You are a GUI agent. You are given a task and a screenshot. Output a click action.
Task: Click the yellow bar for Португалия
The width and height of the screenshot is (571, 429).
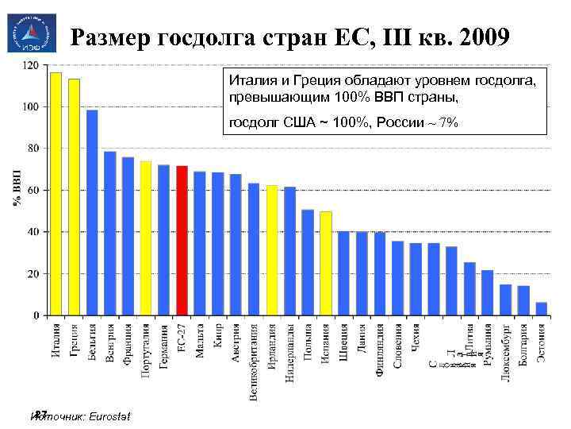146,238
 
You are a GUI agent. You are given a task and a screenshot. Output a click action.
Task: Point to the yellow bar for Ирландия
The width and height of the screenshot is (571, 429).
272,250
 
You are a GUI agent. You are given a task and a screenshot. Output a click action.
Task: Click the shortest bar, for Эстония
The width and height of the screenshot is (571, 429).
542,308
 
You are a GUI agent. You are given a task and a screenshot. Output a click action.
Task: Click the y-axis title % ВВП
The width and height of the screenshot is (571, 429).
17,190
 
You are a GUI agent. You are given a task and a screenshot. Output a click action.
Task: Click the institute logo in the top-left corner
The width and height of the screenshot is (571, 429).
28,33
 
